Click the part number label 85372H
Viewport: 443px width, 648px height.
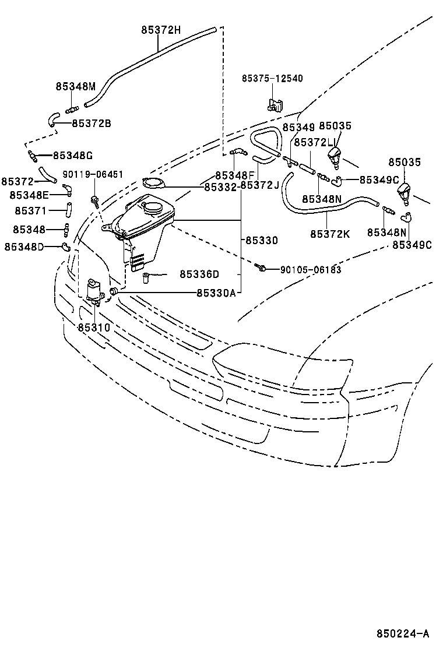point(161,30)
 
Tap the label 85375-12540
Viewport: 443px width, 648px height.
point(272,78)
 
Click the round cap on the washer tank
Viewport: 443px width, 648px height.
point(154,206)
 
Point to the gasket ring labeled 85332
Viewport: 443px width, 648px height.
point(154,184)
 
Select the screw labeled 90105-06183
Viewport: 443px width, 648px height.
point(262,268)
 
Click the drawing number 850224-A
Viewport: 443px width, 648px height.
point(402,633)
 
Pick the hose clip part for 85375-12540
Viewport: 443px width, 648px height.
point(274,105)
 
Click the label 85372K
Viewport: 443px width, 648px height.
point(330,234)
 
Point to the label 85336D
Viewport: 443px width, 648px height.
point(199,274)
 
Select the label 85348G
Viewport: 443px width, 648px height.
point(72,156)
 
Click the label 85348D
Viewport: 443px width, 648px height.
point(24,246)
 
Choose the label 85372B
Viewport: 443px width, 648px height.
point(92,124)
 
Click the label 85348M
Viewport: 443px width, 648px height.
point(75,86)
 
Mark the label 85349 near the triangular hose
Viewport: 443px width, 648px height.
point(298,126)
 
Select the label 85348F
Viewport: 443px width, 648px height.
point(235,175)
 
